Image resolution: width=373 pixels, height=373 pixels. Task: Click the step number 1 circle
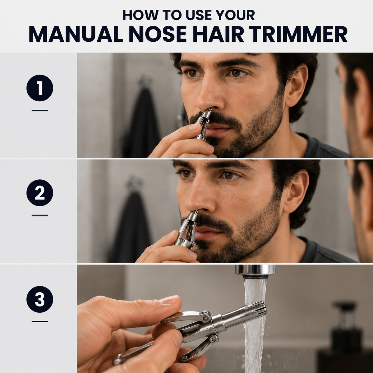(40, 88)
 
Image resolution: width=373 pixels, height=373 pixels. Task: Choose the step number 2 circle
(40, 193)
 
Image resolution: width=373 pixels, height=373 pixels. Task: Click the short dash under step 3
(40, 321)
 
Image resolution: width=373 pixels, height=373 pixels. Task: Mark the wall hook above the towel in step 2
(134, 183)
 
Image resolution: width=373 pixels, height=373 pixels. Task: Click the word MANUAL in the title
(76, 35)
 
